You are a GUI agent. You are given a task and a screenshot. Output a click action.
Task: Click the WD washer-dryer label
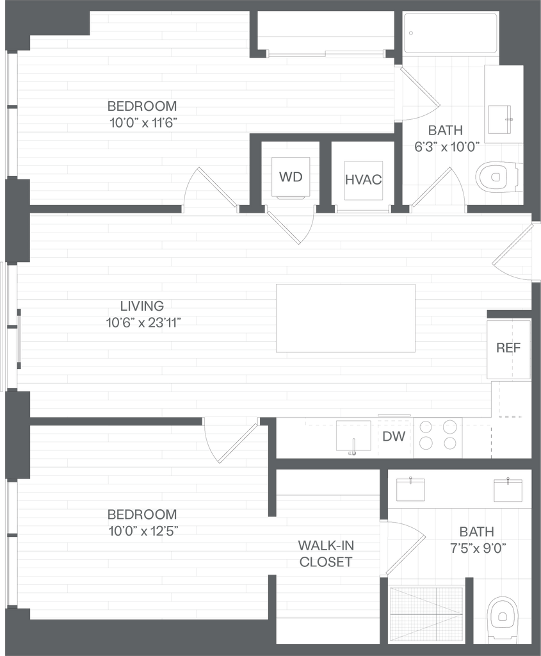click(x=290, y=177)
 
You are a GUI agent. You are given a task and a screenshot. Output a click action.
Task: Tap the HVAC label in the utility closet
click(x=363, y=179)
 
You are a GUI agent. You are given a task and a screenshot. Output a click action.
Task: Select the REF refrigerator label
click(x=508, y=348)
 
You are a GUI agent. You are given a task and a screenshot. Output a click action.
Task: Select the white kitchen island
click(x=346, y=318)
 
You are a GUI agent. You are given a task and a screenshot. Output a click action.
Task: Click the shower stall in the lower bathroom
click(x=426, y=614)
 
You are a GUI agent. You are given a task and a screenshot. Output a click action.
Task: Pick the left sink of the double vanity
click(x=410, y=489)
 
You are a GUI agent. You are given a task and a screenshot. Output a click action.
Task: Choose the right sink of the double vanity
click(x=508, y=489)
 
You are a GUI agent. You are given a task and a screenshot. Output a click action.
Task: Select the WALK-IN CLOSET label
click(x=326, y=554)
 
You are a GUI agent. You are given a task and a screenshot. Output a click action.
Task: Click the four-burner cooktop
click(x=438, y=434)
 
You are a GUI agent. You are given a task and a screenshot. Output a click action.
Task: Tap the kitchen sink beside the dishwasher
click(x=351, y=438)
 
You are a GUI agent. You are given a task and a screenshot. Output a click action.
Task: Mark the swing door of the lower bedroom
click(x=238, y=441)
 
